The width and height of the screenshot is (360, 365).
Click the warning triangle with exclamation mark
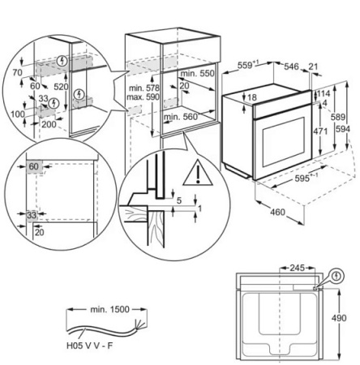tap(198, 174)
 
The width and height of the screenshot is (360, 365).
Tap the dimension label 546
tap(291, 67)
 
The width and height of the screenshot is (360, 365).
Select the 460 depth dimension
tap(277, 212)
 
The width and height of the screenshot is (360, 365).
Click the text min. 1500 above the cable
tap(109, 309)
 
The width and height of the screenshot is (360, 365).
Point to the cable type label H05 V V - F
tap(89, 346)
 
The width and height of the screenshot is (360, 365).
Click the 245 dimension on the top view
tap(297, 268)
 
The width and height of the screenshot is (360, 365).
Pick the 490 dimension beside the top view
tap(339, 318)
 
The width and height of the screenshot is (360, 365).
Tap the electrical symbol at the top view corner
tap(336, 276)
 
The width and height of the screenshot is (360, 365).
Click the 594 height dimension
tap(343, 129)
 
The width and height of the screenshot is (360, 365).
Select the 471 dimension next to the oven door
tap(320, 131)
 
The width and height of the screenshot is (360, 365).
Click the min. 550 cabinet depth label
tap(197, 73)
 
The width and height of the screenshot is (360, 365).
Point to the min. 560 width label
tap(181, 117)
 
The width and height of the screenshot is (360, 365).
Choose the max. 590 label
tap(143, 97)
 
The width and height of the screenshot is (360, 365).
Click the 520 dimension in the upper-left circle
tap(61, 87)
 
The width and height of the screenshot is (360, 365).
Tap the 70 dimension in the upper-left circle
tap(17, 72)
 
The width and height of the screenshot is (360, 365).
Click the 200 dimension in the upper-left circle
tap(49, 124)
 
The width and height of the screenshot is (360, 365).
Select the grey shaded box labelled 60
tap(34, 166)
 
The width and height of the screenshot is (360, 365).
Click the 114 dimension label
tap(324, 93)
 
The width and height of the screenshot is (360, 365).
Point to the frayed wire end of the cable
tap(139, 324)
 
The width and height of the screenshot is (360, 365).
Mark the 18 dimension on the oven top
tap(252, 97)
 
